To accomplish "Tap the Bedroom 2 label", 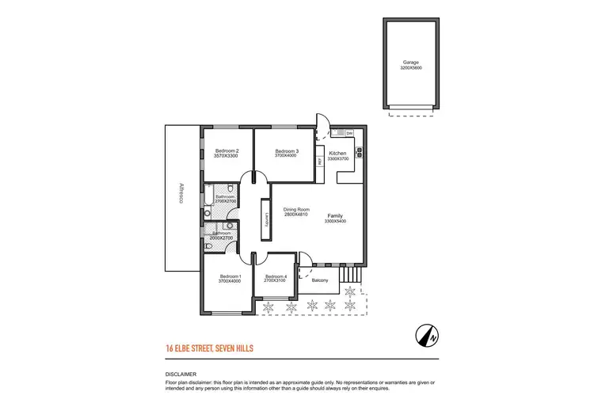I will pyautogui.click(x=227, y=150).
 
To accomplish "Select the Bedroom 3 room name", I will pyautogui.click(x=287, y=150).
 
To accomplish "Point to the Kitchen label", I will pyautogui.click(x=338, y=153).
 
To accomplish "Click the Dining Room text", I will pyautogui.click(x=295, y=209).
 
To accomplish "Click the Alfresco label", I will pyautogui.click(x=181, y=195).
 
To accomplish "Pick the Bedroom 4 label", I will pyautogui.click(x=276, y=276).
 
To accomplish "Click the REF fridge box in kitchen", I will pyautogui.click(x=319, y=161).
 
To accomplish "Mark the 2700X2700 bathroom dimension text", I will pyautogui.click(x=225, y=202).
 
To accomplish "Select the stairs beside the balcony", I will pyautogui.click(x=349, y=276).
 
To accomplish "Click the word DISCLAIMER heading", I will pyautogui.click(x=181, y=374).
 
